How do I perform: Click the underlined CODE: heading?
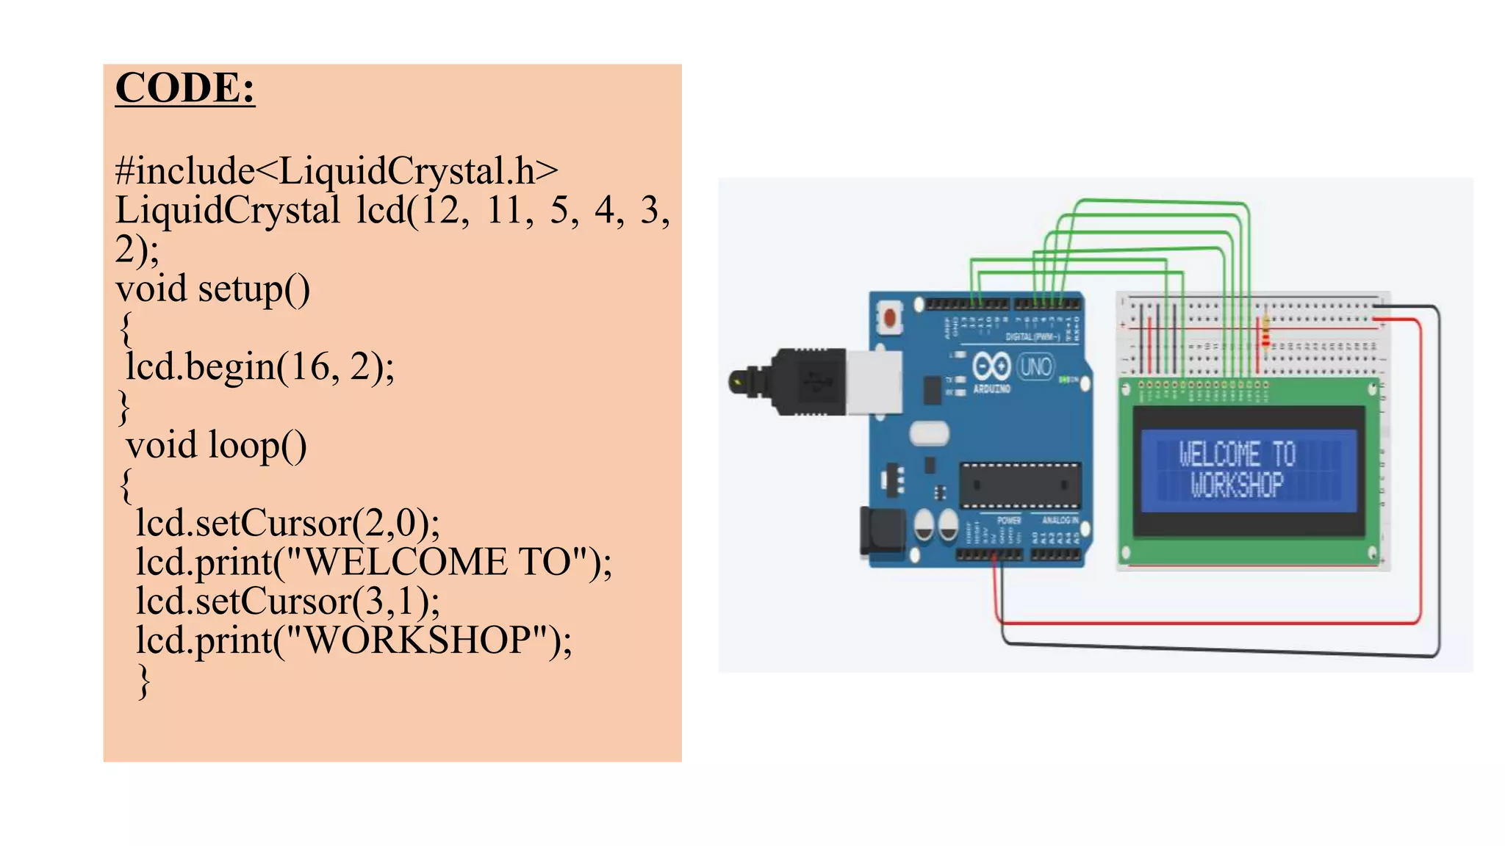[185, 88]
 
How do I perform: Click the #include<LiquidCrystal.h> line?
[337, 170]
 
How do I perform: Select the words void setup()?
[213, 289]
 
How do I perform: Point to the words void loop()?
[216, 445]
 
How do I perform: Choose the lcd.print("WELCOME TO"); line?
[373, 563]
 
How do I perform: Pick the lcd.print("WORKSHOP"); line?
[353, 640]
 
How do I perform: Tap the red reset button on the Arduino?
[890, 317]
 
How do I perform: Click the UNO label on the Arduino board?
[1035, 366]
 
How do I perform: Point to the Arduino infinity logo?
[991, 366]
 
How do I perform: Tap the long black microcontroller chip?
[1020, 485]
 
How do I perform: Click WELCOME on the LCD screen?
[1220, 455]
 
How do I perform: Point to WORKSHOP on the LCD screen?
[1237, 485]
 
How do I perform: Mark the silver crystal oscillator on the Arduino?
[929, 433]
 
